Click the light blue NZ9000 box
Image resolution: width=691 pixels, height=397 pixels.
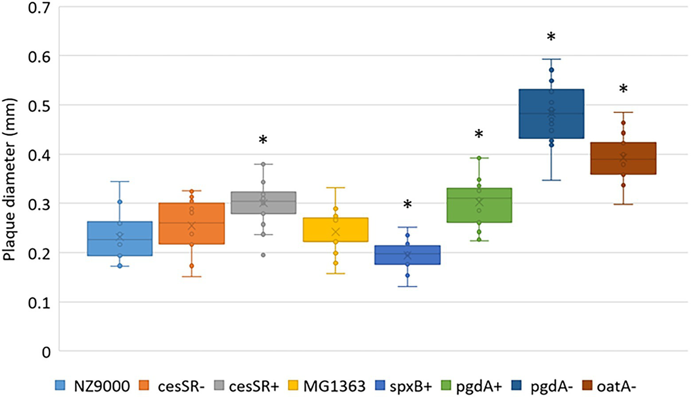tap(119, 239)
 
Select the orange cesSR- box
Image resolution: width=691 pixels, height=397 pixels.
tap(192, 223)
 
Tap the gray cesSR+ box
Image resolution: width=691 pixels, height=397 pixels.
tap(263, 203)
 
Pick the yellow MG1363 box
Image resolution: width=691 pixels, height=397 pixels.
tap(335, 230)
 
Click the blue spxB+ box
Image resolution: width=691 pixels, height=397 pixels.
tap(407, 255)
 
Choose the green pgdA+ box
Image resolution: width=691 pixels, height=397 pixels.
tap(479, 205)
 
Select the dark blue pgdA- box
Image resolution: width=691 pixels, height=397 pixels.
tap(551, 113)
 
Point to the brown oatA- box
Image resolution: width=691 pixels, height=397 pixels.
tap(623, 158)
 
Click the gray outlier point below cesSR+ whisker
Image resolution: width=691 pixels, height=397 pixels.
tap(263, 255)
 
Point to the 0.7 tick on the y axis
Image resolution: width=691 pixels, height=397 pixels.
tap(39, 8)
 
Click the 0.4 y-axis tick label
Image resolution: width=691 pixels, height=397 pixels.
tap(39, 155)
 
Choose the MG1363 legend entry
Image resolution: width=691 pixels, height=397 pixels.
tap(327, 386)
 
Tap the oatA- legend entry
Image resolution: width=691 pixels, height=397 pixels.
tap(610, 386)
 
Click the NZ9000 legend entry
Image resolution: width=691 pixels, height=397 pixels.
tap(93, 386)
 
